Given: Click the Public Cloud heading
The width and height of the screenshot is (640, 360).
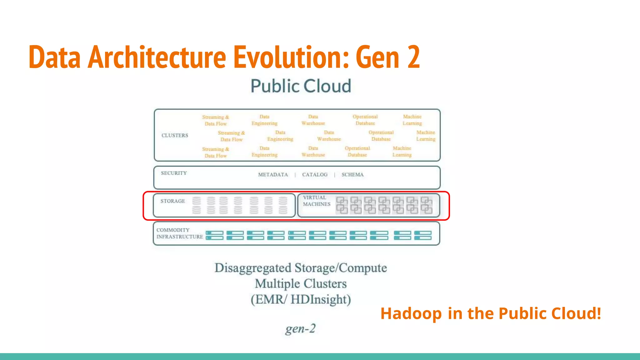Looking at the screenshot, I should click(301, 86).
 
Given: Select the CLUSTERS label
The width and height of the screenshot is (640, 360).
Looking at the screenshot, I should click(175, 135).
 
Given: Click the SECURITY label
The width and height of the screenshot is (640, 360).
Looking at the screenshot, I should click(174, 173).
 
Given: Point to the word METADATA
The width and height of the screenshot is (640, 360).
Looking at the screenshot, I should click(273, 175).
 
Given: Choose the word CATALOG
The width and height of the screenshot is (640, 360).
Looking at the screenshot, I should click(315, 175).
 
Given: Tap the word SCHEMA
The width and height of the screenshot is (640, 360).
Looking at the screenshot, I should click(352, 175).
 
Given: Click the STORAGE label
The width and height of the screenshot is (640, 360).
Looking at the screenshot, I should click(172, 201).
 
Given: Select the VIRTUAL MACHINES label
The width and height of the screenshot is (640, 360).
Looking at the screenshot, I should click(316, 201).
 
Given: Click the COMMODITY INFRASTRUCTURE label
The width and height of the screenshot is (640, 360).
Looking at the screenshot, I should click(179, 233).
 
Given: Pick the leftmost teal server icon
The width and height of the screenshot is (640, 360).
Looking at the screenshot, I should click(214, 235).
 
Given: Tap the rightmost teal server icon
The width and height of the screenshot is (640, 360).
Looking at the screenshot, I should click(423, 235).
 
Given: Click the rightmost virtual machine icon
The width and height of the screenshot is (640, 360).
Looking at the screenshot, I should click(427, 205).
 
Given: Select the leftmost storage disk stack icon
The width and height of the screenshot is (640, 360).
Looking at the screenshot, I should click(197, 205).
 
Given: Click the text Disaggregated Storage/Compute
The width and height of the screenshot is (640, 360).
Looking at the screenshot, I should click(301, 268).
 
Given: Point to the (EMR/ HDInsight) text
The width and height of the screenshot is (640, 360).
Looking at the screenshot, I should click(301, 299).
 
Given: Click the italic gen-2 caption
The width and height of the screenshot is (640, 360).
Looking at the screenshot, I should click(301, 328).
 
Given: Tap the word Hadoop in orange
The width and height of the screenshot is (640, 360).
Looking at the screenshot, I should click(411, 313).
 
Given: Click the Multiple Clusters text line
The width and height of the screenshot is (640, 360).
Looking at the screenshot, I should click(301, 284).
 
